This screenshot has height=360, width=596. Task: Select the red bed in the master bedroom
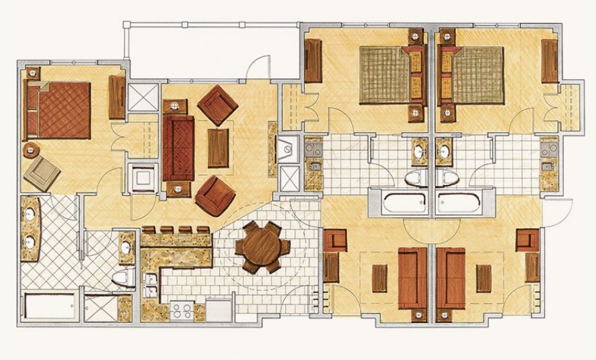[x=62, y=110]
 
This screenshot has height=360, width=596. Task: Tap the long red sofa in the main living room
[x=178, y=147]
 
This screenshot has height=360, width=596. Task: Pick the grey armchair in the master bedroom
[x=42, y=173]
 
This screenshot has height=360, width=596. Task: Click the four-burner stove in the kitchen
[x=182, y=310]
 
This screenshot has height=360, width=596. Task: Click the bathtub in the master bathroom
[x=50, y=306]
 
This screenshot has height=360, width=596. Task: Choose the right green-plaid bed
[x=477, y=74]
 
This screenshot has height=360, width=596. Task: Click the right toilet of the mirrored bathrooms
[x=449, y=178]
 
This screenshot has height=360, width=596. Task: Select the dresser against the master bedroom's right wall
[x=117, y=97]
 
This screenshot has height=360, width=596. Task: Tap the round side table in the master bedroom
[x=30, y=149]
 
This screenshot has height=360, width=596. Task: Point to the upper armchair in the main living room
[x=219, y=105]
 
